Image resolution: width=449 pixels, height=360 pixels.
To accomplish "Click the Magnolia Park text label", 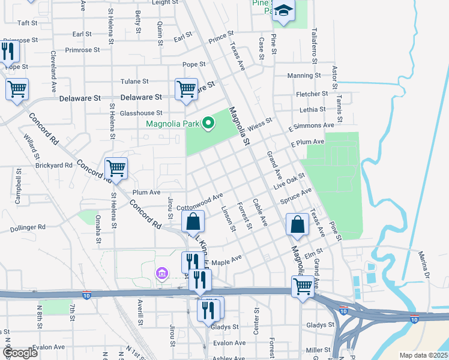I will pyautogui.click(x=173, y=124).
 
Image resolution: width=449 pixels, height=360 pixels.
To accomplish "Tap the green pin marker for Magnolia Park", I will pyautogui.click(x=209, y=124).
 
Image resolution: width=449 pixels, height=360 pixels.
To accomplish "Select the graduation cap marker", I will pyautogui.click(x=284, y=11).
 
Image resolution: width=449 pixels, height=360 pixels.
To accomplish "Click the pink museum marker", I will pyautogui.click(x=160, y=274).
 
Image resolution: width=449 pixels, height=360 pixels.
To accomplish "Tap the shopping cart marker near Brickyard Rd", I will pyautogui.click(x=116, y=168).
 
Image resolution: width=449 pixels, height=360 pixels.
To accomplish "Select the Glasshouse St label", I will pyautogui.click(x=141, y=113).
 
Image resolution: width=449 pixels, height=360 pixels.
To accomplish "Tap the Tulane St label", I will pyautogui.click(x=134, y=81).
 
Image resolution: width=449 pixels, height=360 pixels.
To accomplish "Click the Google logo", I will pyautogui.click(x=20, y=353).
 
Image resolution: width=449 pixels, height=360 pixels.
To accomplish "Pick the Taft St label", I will pyautogui.click(x=28, y=23).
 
